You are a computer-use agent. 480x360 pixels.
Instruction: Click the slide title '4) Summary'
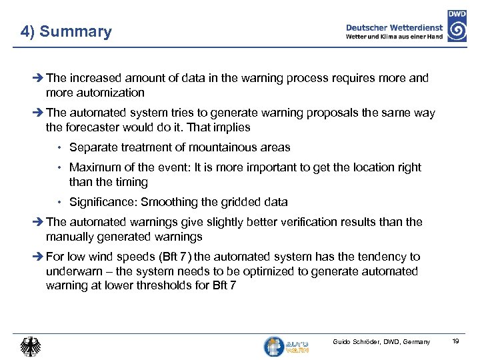coord(66,31)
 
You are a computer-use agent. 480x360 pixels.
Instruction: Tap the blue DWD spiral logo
coord(457,30)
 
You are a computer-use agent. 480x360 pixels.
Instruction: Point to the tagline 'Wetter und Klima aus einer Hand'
coord(395,37)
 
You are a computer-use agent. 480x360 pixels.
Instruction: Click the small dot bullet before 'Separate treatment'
coord(60,148)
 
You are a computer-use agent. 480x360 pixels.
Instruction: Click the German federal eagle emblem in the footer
coord(31,346)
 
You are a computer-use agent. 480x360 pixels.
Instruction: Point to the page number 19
coord(456,342)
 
